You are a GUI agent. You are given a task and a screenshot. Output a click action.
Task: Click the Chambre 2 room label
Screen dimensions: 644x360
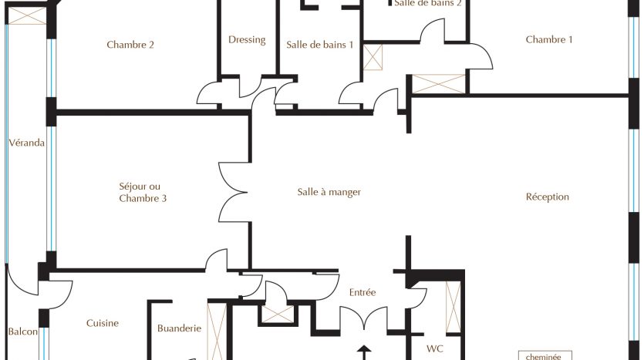tap(130, 45)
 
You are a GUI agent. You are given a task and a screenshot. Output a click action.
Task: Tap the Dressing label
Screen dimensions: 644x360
tap(247, 40)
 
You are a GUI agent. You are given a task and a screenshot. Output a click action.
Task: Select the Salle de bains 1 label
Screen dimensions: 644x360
tap(319, 45)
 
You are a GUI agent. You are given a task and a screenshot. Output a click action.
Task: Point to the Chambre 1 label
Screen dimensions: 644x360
tap(548, 39)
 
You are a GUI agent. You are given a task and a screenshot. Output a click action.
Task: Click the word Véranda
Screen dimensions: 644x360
tap(27, 143)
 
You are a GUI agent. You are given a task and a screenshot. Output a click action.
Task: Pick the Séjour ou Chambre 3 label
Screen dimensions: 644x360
tap(143, 192)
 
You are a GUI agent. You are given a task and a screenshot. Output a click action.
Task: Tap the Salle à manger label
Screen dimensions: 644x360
tap(329, 192)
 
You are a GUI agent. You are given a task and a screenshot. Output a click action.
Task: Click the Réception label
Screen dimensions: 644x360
tap(548, 197)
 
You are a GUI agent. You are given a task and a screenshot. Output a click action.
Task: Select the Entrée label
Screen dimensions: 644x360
tap(362, 292)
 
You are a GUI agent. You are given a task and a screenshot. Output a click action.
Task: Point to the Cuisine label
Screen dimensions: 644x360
tap(103, 323)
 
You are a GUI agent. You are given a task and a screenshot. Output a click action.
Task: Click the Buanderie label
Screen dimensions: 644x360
tap(179, 328)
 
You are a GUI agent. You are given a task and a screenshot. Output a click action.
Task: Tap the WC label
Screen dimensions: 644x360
tap(434, 348)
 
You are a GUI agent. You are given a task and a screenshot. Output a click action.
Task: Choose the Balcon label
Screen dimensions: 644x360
tap(23, 331)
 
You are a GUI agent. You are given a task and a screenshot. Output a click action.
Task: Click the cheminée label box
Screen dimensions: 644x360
tap(545, 356)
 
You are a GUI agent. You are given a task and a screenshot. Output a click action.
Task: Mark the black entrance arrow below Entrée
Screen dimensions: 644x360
tap(364, 352)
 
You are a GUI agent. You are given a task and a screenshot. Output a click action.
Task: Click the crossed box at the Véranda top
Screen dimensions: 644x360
tap(27, 15)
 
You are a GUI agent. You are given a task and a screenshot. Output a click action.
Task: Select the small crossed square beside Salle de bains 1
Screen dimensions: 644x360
tap(373, 58)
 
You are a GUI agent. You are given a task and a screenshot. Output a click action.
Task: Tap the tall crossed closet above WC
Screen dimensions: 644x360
tap(453, 307)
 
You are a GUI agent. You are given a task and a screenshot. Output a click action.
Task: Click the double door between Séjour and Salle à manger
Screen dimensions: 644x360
tap(233, 192)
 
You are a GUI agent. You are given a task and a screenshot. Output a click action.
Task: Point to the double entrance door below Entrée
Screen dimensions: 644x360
tap(364, 318)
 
